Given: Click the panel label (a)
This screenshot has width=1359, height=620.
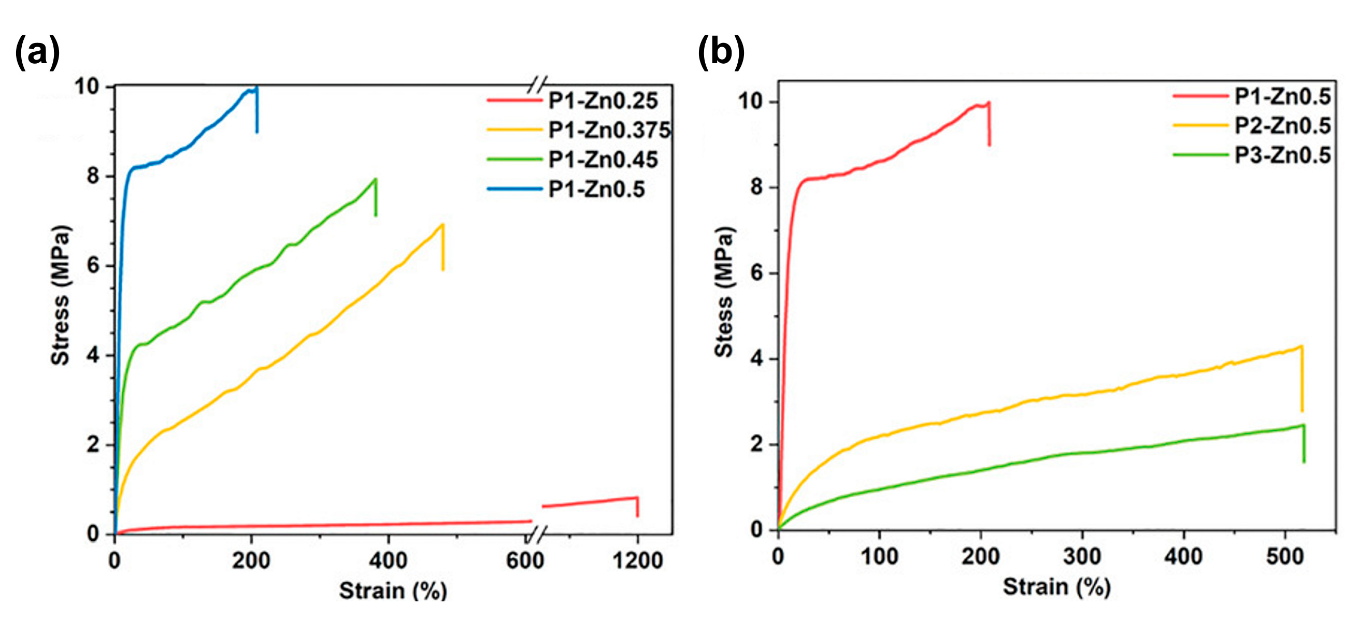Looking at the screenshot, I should click(37, 53).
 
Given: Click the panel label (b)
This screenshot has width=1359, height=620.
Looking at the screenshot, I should click(721, 53).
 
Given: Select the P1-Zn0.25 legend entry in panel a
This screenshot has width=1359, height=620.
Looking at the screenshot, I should click(603, 100).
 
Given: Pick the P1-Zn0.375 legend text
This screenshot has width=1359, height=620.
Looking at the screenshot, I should click(609, 130).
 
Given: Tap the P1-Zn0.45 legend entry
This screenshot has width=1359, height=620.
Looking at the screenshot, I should click(603, 160).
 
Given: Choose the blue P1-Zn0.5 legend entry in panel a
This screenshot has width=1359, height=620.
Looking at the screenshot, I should click(596, 189).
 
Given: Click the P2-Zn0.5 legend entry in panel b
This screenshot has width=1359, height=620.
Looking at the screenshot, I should click(1282, 126).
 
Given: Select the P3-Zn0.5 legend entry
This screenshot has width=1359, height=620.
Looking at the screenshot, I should click(1282, 155).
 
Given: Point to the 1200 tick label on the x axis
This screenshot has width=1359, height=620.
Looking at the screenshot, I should click(637, 560).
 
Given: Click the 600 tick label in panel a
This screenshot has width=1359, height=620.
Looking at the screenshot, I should click(524, 560).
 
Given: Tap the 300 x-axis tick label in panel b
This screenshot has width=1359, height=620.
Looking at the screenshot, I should click(1082, 557).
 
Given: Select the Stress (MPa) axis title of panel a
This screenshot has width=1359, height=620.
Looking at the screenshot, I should click(60, 295).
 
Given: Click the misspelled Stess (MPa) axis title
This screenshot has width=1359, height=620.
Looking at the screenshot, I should click(724, 292).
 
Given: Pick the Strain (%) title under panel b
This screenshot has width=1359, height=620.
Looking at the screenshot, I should click(1057, 587).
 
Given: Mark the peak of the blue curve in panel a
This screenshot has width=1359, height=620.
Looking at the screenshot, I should click(256, 88).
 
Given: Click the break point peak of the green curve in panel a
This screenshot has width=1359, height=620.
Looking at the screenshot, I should click(375, 179).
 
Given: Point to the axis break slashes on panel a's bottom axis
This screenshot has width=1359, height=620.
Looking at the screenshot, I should click(536, 536).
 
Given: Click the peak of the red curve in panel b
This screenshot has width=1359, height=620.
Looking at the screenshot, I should click(989, 103).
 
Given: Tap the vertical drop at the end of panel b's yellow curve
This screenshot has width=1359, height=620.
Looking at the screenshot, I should click(1302, 380).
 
